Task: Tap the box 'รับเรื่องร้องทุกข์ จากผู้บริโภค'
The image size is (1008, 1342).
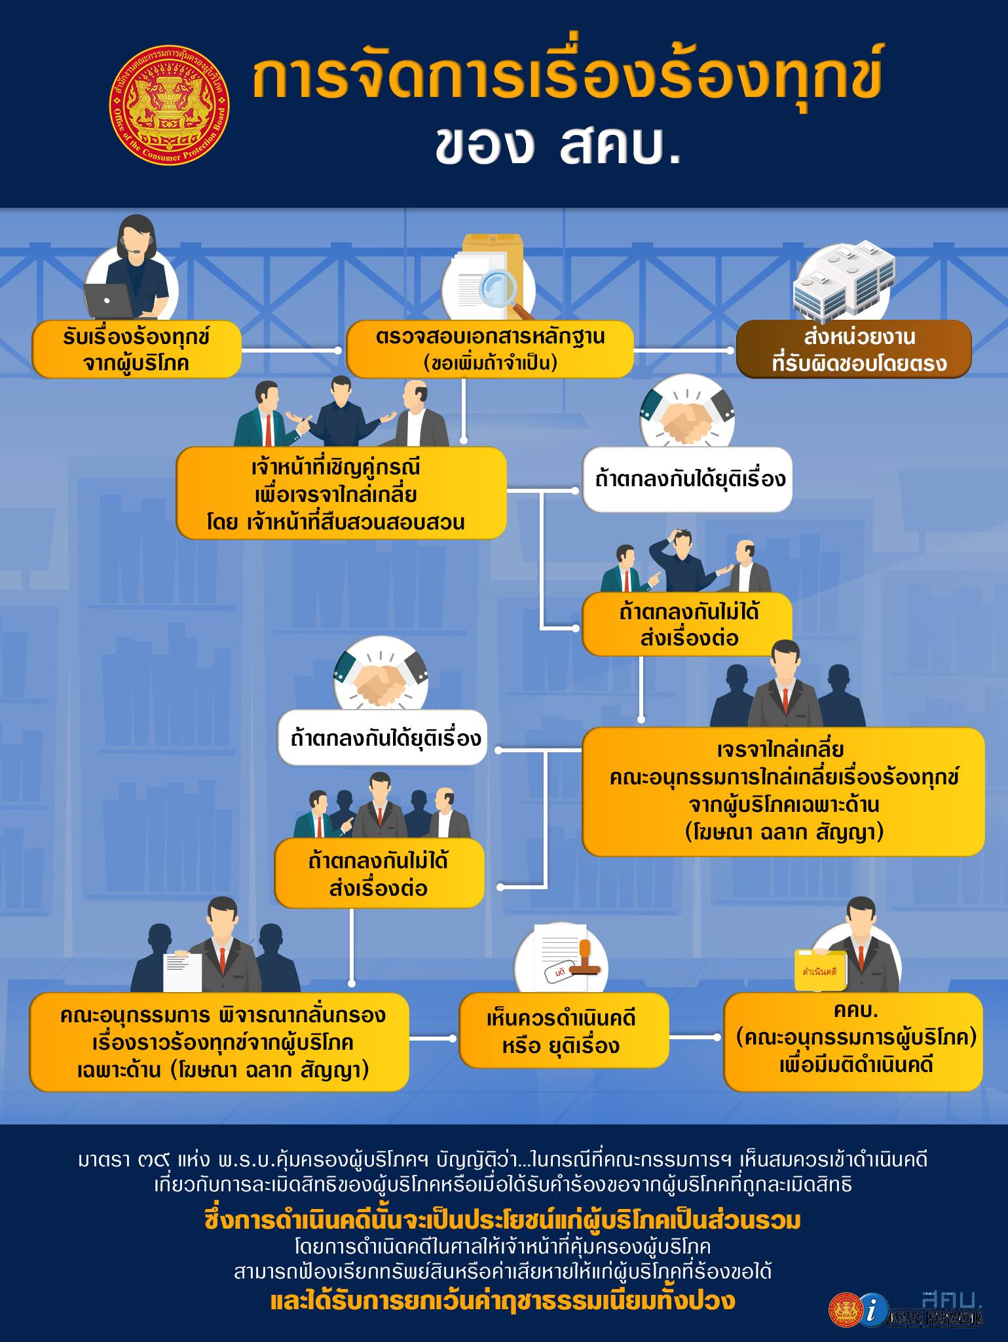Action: click(x=136, y=349)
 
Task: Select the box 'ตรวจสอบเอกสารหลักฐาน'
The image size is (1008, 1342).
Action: click(x=489, y=349)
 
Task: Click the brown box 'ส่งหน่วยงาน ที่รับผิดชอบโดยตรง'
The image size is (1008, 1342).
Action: click(x=853, y=349)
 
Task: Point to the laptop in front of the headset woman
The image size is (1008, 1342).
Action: click(x=109, y=301)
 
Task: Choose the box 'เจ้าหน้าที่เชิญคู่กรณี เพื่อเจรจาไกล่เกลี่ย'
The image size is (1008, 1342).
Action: click(x=341, y=493)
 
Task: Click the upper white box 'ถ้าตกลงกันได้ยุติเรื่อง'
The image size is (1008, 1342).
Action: click(x=687, y=480)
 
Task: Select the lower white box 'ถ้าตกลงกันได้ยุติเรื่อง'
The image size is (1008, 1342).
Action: click(x=383, y=738)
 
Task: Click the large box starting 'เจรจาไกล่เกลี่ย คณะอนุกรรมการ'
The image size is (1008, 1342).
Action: click(x=783, y=792)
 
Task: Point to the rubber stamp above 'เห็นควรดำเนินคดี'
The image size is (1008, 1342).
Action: click(x=585, y=957)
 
